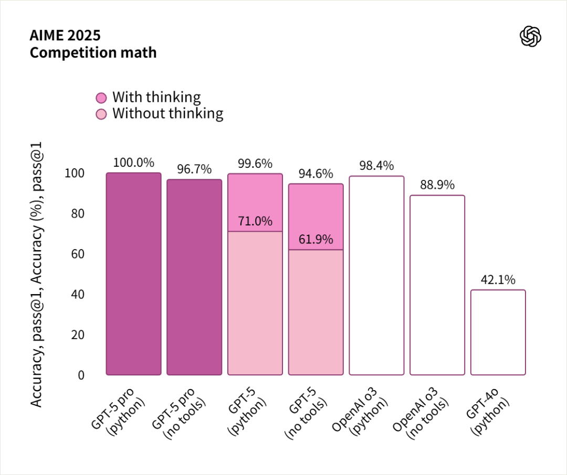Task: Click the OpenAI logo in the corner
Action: click(530, 37)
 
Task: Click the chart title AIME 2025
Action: click(65, 36)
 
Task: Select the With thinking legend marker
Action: click(101, 98)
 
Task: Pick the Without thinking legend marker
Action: click(101, 114)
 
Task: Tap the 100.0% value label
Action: click(133, 163)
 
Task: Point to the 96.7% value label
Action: click(194, 169)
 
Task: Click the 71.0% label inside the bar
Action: click(255, 221)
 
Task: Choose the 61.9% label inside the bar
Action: click(316, 240)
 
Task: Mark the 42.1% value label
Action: click(498, 280)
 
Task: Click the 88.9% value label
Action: click(437, 185)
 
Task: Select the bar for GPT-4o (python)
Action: click(498, 332)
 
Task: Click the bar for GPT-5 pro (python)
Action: click(133, 274)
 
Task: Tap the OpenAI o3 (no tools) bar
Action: click(437, 285)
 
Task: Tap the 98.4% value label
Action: click(376, 166)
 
